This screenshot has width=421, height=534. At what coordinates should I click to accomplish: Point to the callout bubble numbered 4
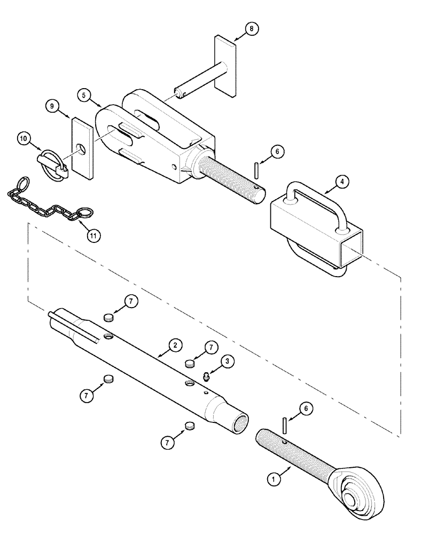point(341,182)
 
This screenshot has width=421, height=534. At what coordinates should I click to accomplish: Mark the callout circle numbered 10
point(24,139)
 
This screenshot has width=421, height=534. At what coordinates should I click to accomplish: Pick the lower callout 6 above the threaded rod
point(306,409)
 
